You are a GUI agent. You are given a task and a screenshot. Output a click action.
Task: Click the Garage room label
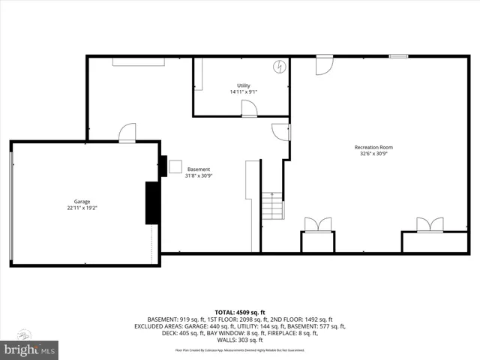click(x=82, y=202)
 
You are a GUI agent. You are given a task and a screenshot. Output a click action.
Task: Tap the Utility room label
click(x=244, y=85)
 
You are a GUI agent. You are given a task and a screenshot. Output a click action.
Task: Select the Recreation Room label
click(x=373, y=147)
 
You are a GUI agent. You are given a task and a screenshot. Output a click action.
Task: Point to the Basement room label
click(x=199, y=169)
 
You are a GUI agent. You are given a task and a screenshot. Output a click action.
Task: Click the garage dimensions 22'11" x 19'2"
click(x=82, y=208)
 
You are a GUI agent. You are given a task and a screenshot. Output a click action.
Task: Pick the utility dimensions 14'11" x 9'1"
click(x=244, y=92)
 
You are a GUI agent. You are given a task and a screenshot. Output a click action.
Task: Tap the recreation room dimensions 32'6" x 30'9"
click(x=373, y=154)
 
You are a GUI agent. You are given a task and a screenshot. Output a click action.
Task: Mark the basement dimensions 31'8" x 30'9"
click(x=199, y=175)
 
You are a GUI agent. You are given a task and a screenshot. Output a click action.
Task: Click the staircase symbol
click(x=272, y=205)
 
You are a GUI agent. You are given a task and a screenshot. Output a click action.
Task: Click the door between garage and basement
click(x=127, y=133)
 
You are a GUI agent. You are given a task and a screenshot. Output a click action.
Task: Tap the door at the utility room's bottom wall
click(x=250, y=109)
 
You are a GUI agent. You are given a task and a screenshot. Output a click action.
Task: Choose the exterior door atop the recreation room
click(x=324, y=64)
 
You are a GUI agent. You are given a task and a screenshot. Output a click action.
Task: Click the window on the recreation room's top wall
click(x=398, y=56)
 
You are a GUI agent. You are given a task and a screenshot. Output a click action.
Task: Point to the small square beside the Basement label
click(x=175, y=166)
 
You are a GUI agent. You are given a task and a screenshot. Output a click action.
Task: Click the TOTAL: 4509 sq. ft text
click(x=240, y=311)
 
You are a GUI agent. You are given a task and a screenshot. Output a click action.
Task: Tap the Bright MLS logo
click(x=30, y=349)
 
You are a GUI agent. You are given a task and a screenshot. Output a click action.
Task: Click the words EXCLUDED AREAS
click(x=163, y=326)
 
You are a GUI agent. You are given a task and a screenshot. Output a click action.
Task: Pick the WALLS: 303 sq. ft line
click(x=240, y=341)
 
